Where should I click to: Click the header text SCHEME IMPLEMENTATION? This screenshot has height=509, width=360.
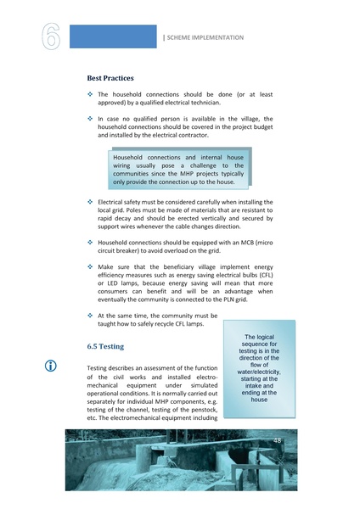205,37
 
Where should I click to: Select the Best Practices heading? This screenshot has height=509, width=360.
115,77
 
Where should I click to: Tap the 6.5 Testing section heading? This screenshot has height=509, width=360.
106,347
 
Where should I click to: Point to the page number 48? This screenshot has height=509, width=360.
277,441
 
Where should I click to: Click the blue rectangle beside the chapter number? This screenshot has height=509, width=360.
113,36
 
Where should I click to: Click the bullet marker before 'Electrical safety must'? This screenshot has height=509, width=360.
90,202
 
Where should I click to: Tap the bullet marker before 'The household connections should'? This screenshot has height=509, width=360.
90,93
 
